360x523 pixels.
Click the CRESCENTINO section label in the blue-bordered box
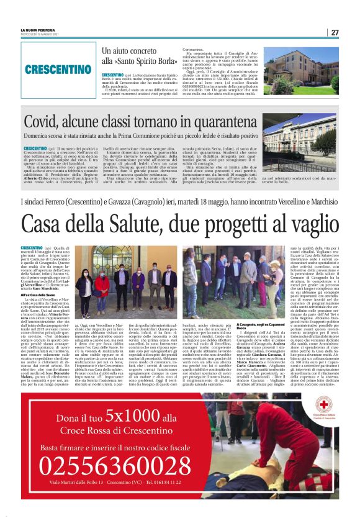click(60, 70)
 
